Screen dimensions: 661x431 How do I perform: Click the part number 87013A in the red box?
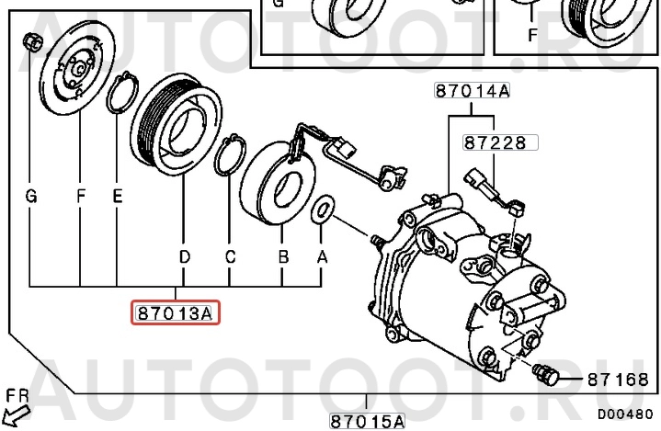tap(175, 313)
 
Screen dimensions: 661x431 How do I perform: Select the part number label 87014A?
tap(473, 91)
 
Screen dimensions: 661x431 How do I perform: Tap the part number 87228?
tap(496, 142)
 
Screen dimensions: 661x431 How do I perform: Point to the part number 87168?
tap(618, 380)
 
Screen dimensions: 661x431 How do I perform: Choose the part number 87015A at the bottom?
tap(367, 421)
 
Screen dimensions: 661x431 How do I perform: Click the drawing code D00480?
tap(625, 414)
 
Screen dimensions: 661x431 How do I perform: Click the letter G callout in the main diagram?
tap(31, 196)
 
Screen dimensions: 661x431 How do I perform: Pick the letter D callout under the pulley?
tap(185, 256)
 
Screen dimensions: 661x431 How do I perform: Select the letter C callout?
tap(230, 256)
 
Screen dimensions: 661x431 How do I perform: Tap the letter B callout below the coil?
tap(283, 256)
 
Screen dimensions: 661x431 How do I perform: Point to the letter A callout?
tap(322, 256)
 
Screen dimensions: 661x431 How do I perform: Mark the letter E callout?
tap(118, 196)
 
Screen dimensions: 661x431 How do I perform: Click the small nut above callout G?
tap(31, 41)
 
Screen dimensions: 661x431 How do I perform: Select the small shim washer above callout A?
tap(323, 209)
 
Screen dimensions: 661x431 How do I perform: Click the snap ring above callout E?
tap(122, 93)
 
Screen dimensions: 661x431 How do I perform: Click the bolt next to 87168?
tap(545, 373)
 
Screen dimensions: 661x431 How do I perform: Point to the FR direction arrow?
tap(17, 414)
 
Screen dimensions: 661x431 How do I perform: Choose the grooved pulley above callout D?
tap(177, 124)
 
